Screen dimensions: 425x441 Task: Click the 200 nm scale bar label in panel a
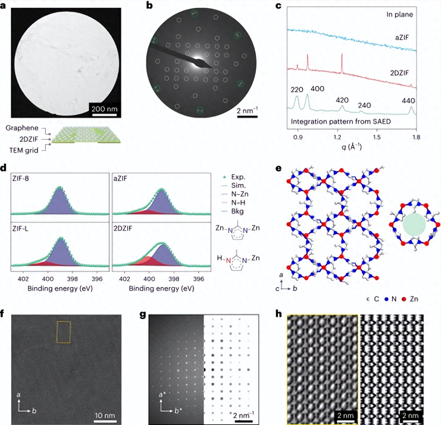tap(104, 109)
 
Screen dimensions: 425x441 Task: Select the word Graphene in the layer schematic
tap(22, 128)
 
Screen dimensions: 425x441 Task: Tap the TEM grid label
tap(24, 150)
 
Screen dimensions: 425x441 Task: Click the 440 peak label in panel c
tap(408, 101)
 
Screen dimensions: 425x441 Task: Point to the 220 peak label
tap(297, 90)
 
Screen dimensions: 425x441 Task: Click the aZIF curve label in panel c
tap(402, 37)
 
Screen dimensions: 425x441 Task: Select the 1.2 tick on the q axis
tap(337, 137)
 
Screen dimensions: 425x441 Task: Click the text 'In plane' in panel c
tap(399, 14)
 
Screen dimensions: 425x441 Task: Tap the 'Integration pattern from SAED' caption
tap(341, 121)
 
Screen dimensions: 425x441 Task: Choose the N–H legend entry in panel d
tap(238, 203)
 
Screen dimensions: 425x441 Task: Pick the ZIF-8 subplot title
tap(21, 178)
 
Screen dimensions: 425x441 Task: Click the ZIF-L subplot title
tap(20, 228)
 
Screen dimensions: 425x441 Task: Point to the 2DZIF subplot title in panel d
tap(123, 228)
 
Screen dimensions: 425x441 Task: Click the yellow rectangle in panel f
tap(63, 332)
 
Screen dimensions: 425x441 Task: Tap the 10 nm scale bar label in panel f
tap(105, 415)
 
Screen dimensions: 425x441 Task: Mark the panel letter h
tap(279, 314)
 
